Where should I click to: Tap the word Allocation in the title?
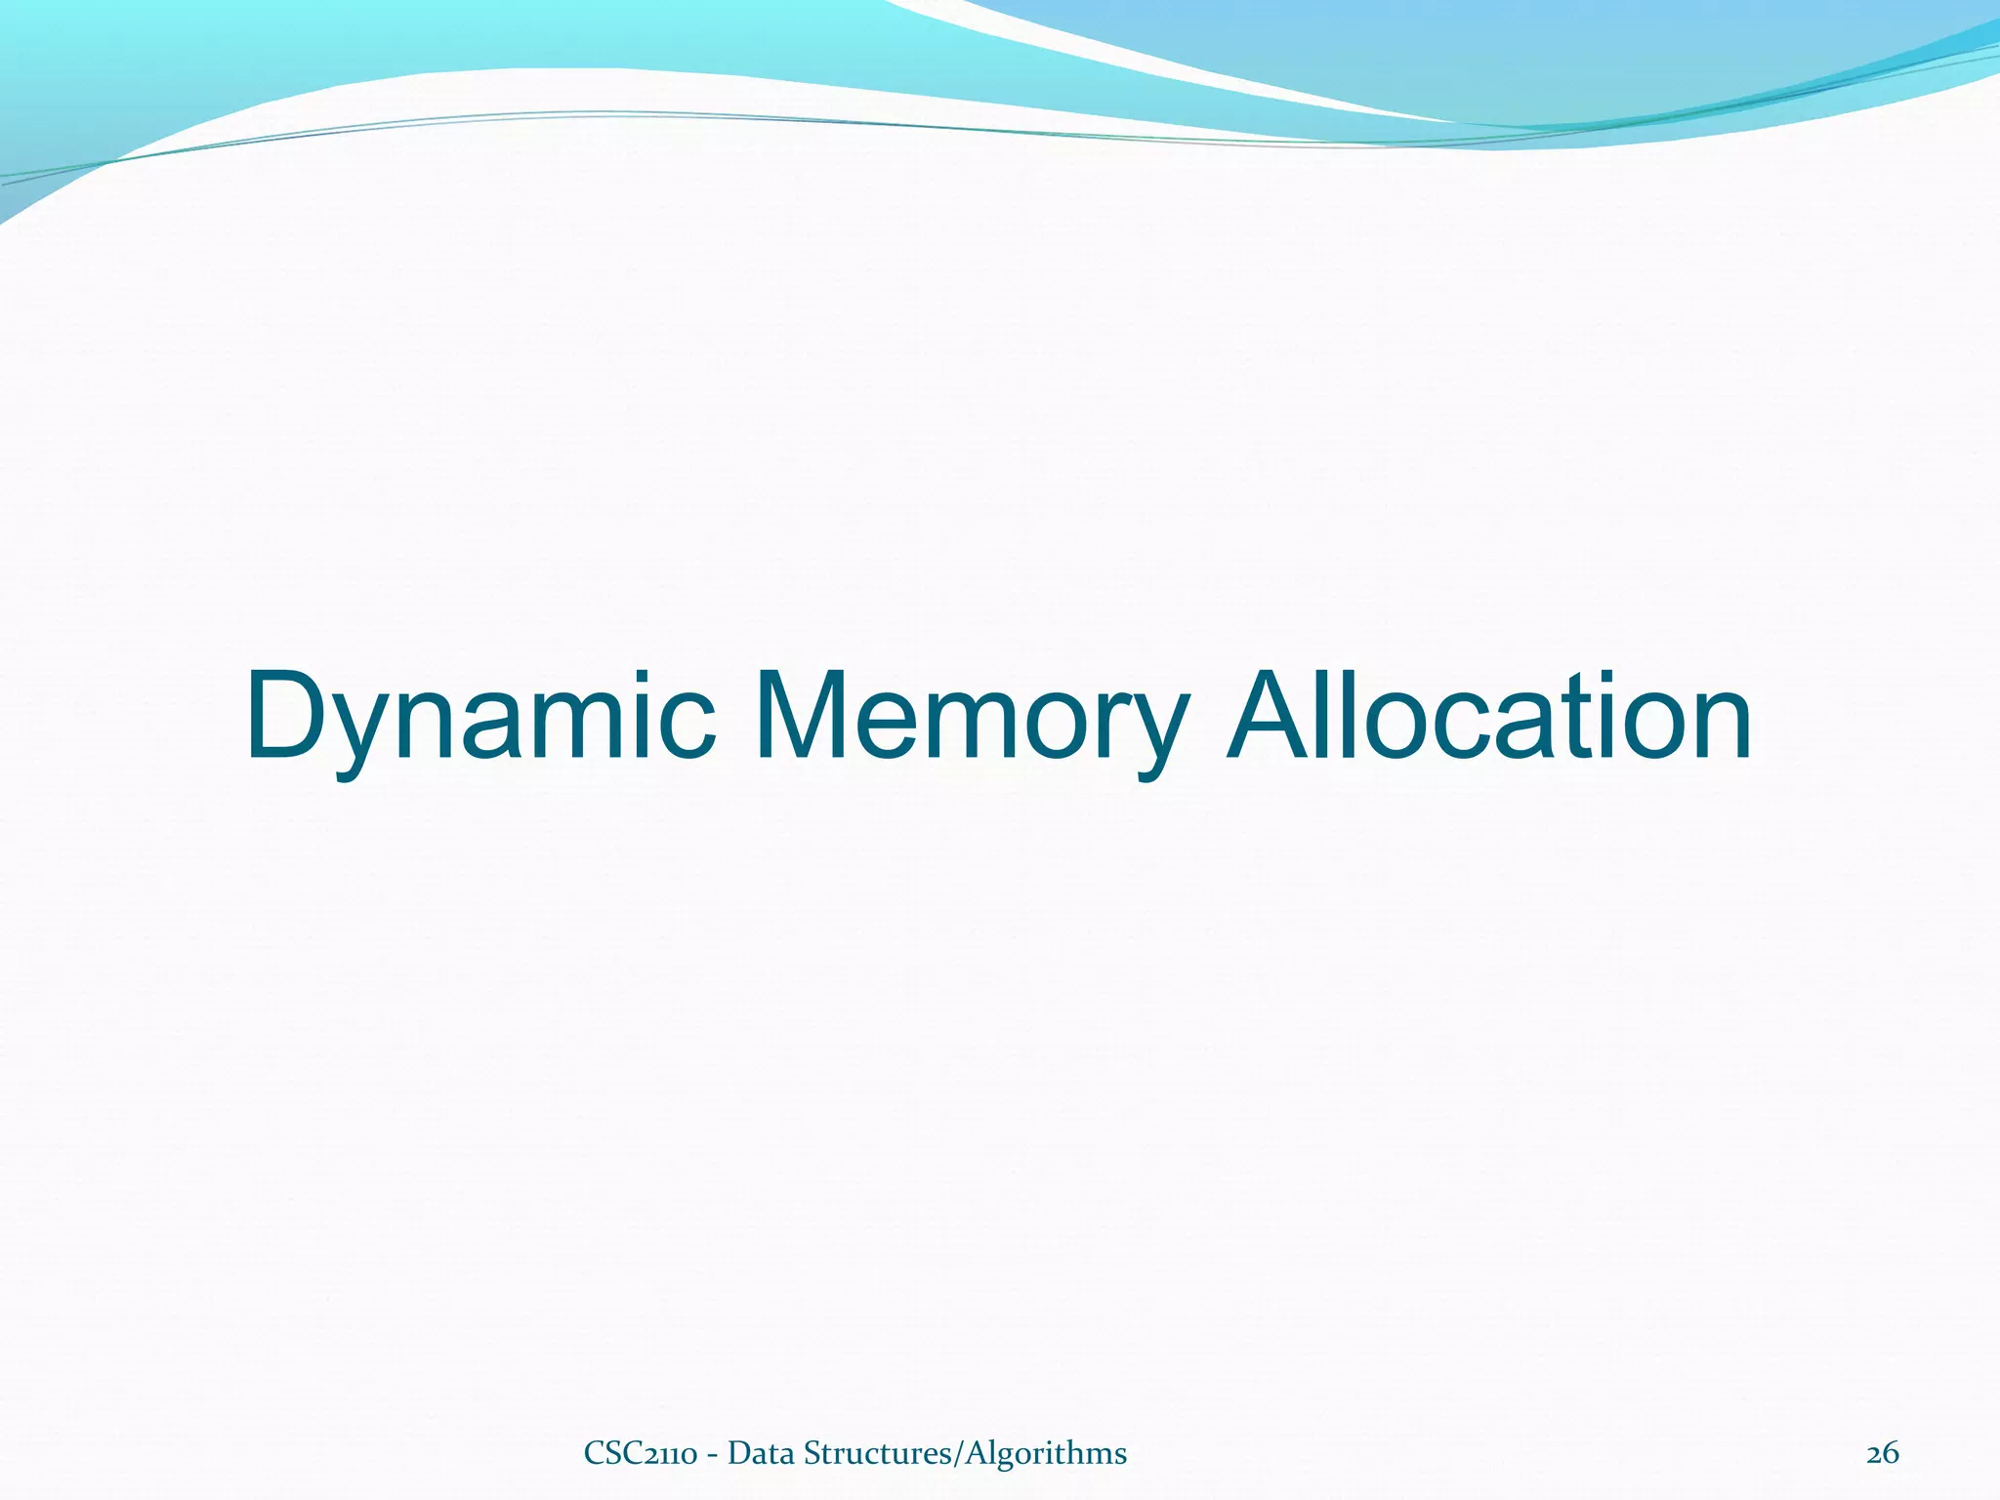tap(1489, 718)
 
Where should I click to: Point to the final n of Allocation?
tap(1714, 728)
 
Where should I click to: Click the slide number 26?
tap(1882, 1454)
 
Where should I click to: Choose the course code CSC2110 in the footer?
tap(640, 1454)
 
